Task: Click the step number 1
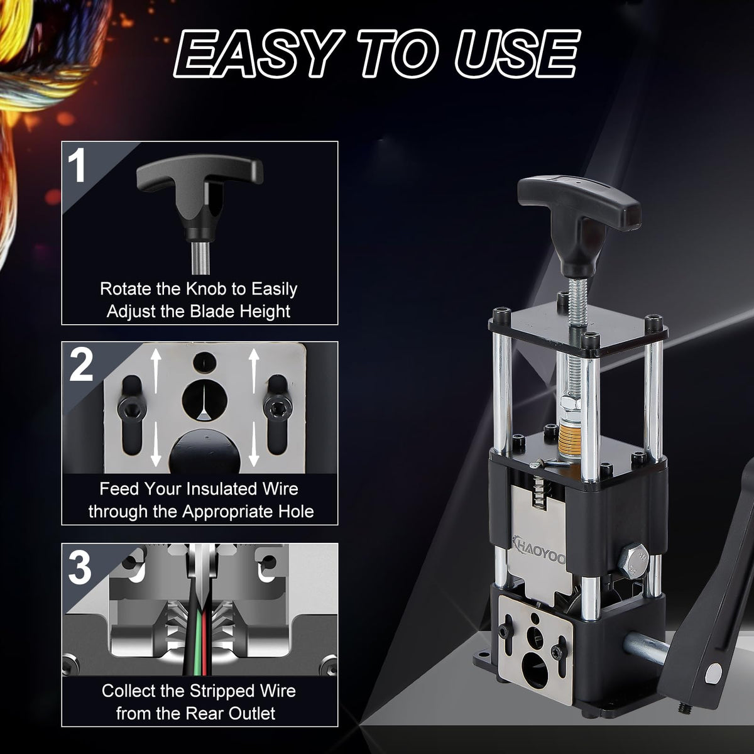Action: coord(77,165)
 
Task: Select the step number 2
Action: coord(81,366)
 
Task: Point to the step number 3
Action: coord(80,567)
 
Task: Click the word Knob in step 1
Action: coord(206,289)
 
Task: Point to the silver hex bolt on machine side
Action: coord(634,562)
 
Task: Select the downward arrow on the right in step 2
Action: coord(254,444)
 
